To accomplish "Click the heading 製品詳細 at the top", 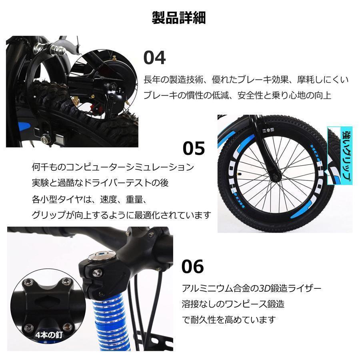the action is [x=179, y=18].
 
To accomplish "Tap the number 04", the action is [x=154, y=58].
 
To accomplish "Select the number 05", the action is [x=194, y=148].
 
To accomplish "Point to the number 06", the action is [x=192, y=266].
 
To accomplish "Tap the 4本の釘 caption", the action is [x=49, y=335].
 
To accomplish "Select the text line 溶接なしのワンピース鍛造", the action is [x=233, y=304].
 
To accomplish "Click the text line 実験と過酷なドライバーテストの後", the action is [x=100, y=183].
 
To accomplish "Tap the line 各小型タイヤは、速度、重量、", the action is [x=89, y=199].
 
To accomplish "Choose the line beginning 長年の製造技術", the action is [x=246, y=80].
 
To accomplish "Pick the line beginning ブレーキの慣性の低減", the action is [x=237, y=95].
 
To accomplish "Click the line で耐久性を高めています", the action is [x=229, y=319].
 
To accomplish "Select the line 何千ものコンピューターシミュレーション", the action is [x=113, y=167].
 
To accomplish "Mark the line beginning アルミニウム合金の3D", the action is [x=252, y=288].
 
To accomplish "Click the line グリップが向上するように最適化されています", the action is [x=121, y=215].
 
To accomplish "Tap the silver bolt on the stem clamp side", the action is [x=97, y=273].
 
